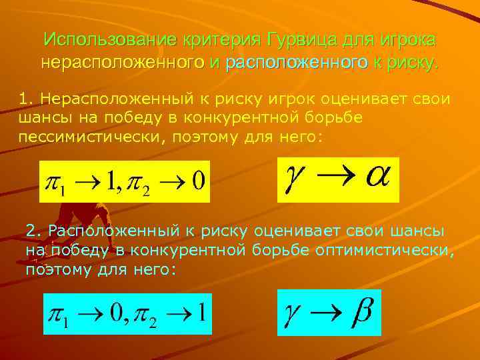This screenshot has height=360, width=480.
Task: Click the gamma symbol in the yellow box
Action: pos(294,178)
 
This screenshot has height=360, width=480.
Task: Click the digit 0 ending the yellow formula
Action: pos(197,181)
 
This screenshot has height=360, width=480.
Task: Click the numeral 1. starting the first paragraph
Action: pos(27,99)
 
